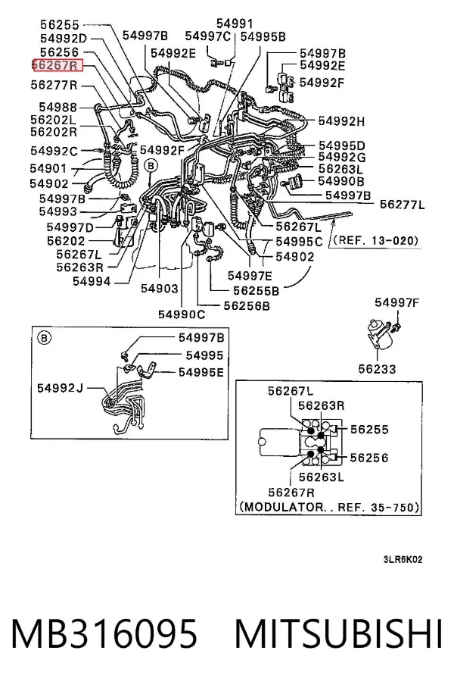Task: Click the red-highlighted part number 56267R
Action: click(58, 66)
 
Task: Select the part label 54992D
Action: click(64, 39)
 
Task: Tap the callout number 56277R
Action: click(54, 85)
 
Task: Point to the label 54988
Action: click(58, 107)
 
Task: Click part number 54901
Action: click(48, 168)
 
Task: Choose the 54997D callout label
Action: click(70, 227)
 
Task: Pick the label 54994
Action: click(92, 281)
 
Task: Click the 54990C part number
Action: click(182, 314)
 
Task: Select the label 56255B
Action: click(256, 290)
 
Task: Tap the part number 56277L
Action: click(402, 204)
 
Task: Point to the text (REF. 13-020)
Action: click(375, 240)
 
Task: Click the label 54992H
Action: click(341, 121)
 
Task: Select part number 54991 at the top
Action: click(235, 23)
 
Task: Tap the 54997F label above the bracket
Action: click(397, 302)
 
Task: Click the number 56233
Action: click(377, 368)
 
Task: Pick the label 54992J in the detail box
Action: click(60, 388)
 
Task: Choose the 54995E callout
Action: click(201, 372)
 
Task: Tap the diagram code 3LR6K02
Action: click(403, 559)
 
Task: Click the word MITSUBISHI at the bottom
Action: click(339, 633)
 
